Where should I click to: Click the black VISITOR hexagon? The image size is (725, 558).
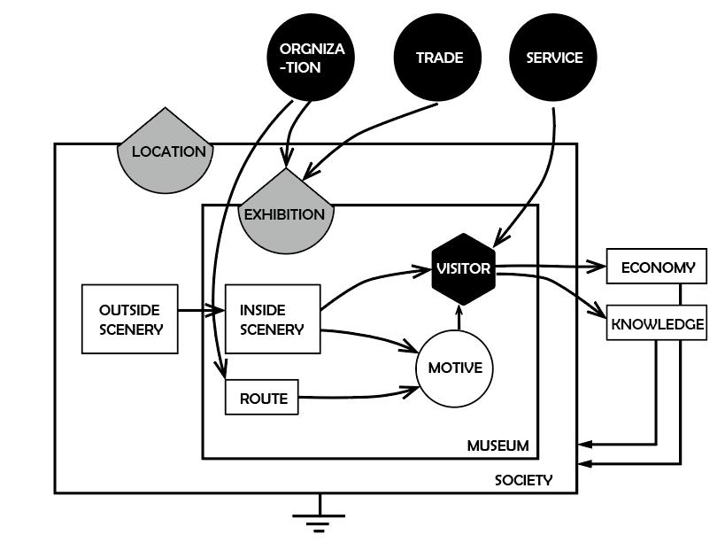[463, 267]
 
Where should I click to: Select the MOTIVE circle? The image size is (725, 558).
[454, 367]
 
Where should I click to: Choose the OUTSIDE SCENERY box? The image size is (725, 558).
[129, 319]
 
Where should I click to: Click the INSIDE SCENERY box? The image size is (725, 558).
[272, 319]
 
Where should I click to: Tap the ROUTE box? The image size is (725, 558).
[262, 398]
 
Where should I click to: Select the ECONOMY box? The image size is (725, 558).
[656, 267]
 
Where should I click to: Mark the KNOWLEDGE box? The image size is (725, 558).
[656, 324]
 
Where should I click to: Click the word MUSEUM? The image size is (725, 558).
[497, 446]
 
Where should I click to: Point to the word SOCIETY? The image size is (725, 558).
[522, 480]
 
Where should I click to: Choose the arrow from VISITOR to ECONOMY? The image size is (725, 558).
[553, 265]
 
